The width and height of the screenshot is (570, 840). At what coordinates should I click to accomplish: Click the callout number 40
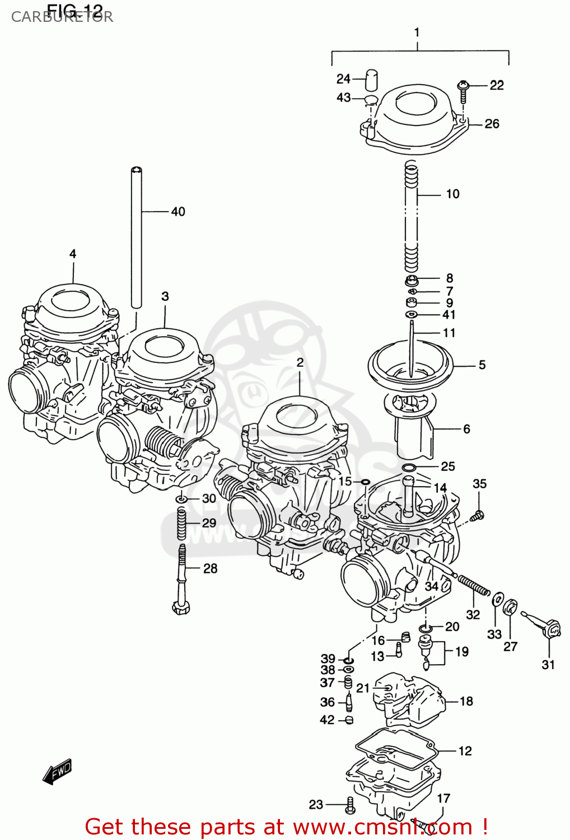pyautogui.click(x=178, y=212)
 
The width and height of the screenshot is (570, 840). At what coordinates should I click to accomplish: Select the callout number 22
pyautogui.click(x=497, y=85)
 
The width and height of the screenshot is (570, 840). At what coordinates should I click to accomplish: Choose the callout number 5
pyautogui.click(x=482, y=365)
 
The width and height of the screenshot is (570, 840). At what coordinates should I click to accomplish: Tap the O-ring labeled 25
pyautogui.click(x=409, y=468)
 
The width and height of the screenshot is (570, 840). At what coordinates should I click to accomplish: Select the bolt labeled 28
pyautogui.click(x=181, y=582)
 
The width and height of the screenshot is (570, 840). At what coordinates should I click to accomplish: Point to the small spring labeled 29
pyautogui.click(x=181, y=523)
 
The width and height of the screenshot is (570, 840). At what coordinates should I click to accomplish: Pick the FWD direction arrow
pyautogui.click(x=58, y=771)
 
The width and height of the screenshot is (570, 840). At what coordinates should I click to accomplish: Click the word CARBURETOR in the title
pyautogui.click(x=62, y=17)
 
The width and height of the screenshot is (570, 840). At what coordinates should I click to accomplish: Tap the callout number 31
pyautogui.click(x=548, y=664)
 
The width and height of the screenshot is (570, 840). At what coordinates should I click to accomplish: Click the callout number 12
pyautogui.click(x=465, y=751)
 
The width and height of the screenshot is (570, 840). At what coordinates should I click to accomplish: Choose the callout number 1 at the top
pyautogui.click(x=417, y=32)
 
